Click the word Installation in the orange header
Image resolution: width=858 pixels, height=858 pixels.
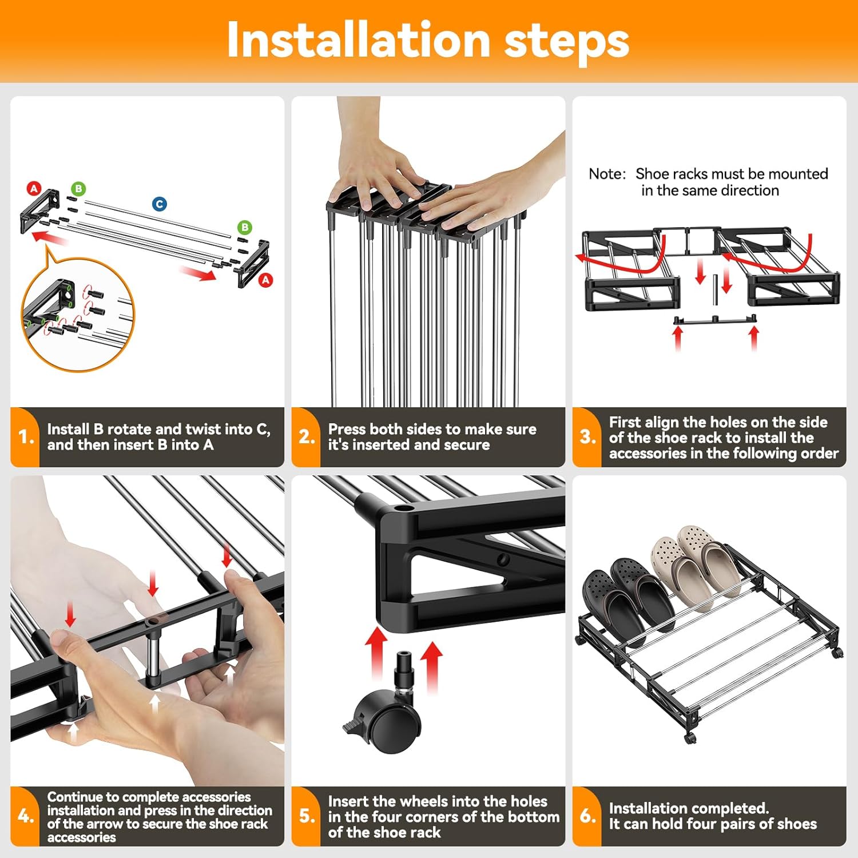coord(359,40)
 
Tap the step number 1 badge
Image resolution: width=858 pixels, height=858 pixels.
coord(26,437)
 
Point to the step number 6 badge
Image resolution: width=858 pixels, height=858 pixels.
coord(587,816)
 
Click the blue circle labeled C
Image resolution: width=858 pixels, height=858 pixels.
coord(160,204)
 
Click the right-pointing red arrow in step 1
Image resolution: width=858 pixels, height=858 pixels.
coord(197,273)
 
